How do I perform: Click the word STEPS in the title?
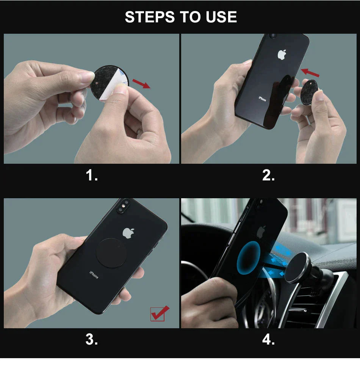(150, 17)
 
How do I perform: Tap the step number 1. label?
(92, 175)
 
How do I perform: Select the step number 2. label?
(268, 175)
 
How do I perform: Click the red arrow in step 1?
(141, 83)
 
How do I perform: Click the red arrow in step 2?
(310, 72)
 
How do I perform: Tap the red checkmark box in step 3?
(160, 313)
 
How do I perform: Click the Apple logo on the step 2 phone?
(282, 55)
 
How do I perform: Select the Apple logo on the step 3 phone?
(128, 233)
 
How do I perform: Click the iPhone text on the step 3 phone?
(94, 275)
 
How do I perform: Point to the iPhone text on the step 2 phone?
(262, 99)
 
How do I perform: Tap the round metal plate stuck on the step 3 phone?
(111, 253)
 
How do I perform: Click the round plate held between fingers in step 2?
(309, 92)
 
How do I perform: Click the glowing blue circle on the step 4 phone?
(249, 258)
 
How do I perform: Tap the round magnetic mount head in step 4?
(297, 268)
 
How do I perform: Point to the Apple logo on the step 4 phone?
(261, 232)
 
